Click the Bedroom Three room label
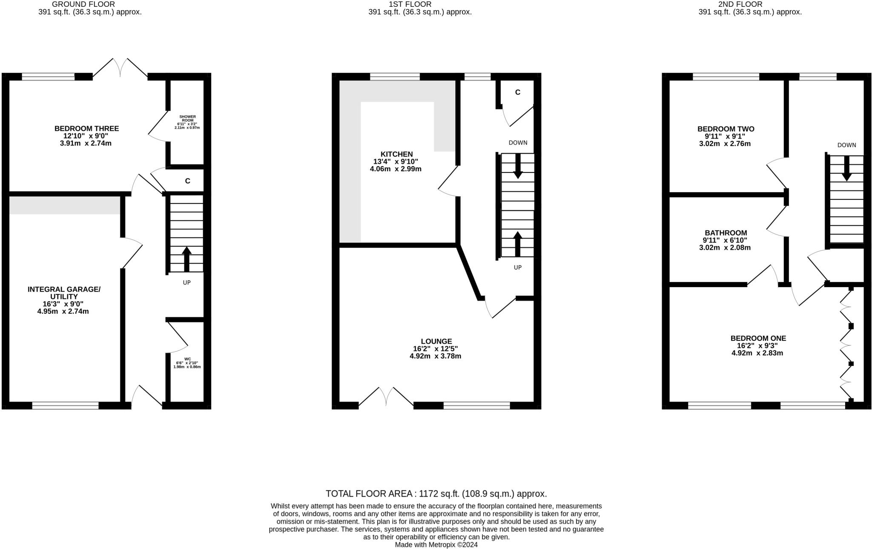click(x=86, y=129)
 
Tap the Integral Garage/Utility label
click(x=64, y=293)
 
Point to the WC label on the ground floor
click(x=187, y=359)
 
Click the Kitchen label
click(x=396, y=154)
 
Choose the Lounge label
click(x=436, y=342)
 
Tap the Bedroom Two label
click(x=726, y=129)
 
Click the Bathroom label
click(x=726, y=233)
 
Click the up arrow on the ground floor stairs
click(x=186, y=259)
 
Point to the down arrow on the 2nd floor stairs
click(x=846, y=168)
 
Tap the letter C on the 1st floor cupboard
click(x=517, y=92)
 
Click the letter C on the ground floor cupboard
click(x=187, y=181)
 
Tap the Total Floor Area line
click(x=436, y=494)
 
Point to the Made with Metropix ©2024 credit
click(x=436, y=545)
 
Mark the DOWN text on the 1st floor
click(x=518, y=143)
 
